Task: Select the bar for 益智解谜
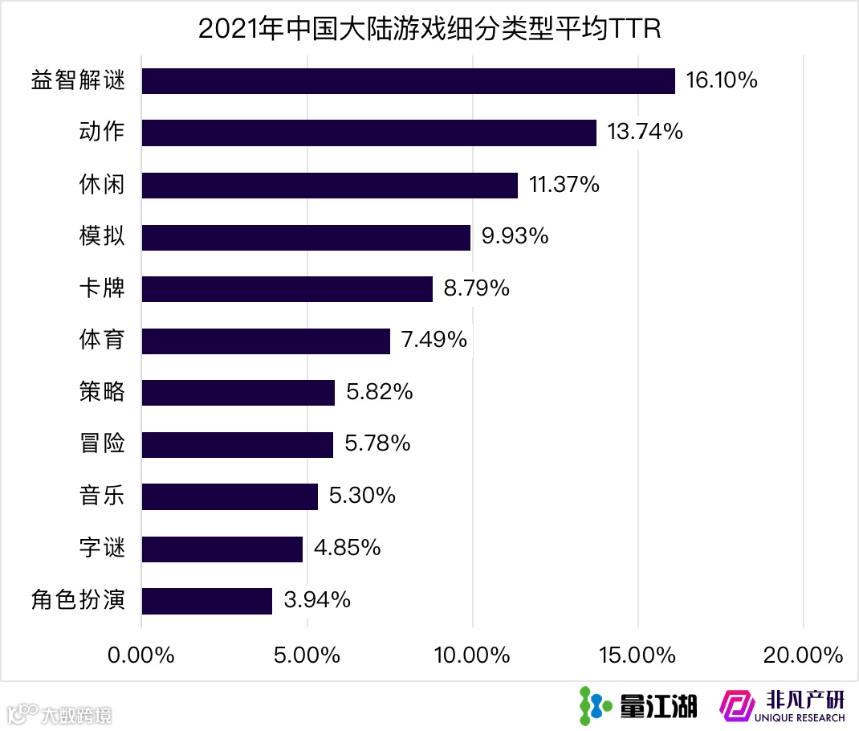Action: (408, 81)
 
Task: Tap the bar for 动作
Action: (368, 133)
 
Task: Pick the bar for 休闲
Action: (329, 185)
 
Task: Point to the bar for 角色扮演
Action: (206, 601)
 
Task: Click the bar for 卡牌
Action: (287, 288)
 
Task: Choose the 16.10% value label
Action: (722, 81)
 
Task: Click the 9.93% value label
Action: (515, 237)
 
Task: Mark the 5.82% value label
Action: (380, 393)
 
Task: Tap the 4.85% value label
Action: (347, 549)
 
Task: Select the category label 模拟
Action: (103, 237)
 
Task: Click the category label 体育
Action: (103, 341)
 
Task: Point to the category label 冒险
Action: (103, 444)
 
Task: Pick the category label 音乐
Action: (103, 496)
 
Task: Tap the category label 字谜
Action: (103, 549)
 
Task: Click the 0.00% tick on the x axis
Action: (141, 655)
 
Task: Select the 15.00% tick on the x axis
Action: (637, 655)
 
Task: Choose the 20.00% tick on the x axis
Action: (803, 655)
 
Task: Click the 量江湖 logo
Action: (638, 704)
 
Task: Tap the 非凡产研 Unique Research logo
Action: (783, 704)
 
